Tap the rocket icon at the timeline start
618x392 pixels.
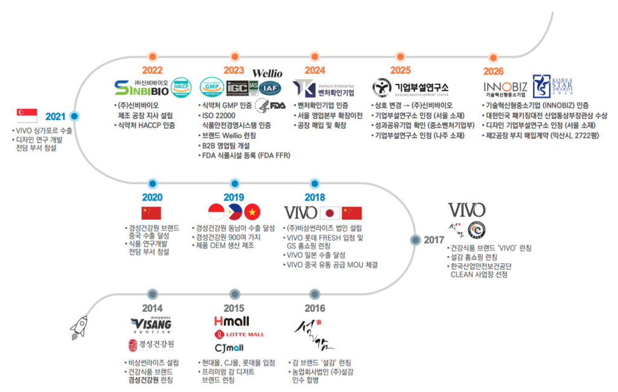[x=78, y=327]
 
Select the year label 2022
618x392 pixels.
[x=152, y=71]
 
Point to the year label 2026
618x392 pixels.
[x=493, y=71]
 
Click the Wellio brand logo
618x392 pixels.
[x=267, y=74]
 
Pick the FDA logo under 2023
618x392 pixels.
[x=270, y=105]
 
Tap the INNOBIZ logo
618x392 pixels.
[x=506, y=89]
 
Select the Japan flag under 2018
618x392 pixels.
[x=330, y=213]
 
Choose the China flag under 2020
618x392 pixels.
[x=151, y=213]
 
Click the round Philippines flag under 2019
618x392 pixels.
[x=234, y=212]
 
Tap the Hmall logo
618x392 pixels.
[x=231, y=321]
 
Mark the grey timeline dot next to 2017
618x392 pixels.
[x=415, y=240]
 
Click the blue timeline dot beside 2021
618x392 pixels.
[x=74, y=116]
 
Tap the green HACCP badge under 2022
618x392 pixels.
[x=181, y=88]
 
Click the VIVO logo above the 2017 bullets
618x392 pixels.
[x=466, y=210]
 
